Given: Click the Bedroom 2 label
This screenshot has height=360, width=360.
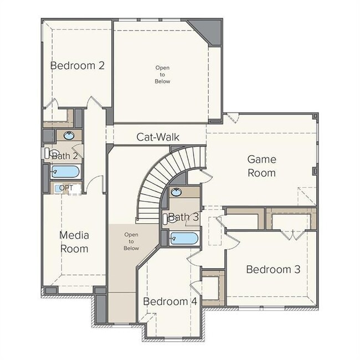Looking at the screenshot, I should [78, 65].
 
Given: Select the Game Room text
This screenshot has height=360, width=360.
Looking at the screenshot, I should [261, 166].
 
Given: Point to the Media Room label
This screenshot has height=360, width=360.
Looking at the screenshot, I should [74, 242].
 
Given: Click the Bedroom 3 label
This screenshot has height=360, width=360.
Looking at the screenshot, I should [273, 269].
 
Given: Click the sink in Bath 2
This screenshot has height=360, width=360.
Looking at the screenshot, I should [68, 135].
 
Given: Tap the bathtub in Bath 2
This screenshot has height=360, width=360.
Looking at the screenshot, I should [65, 171].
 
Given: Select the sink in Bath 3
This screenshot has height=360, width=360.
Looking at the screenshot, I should [176, 193].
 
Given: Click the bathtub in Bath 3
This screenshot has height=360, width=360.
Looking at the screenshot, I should [183, 239].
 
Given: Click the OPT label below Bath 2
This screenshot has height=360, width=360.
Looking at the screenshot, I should [66, 188].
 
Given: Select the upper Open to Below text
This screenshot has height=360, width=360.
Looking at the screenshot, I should [162, 75].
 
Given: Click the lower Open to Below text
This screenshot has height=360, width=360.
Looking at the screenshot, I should [131, 241].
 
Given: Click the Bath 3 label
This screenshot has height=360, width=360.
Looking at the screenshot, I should [183, 217].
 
